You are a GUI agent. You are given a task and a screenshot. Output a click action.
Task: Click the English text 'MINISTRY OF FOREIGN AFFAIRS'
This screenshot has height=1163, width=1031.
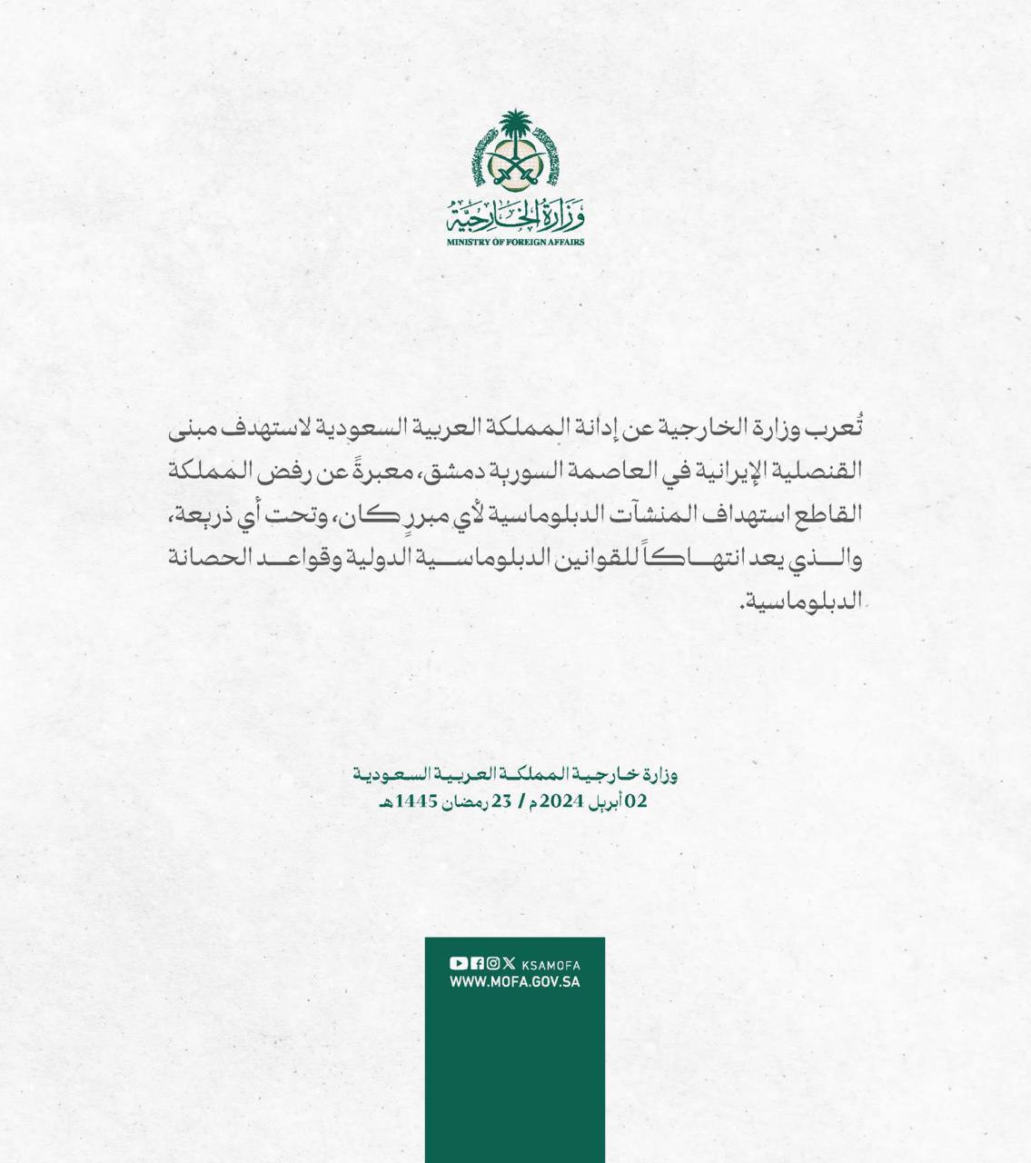click(x=515, y=243)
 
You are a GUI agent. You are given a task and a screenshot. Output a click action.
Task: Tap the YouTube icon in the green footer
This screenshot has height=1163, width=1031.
click(x=459, y=964)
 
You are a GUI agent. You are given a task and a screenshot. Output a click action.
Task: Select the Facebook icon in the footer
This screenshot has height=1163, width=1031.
click(x=478, y=964)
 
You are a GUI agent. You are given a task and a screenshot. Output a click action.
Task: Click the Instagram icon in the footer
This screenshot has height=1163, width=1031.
click(x=493, y=964)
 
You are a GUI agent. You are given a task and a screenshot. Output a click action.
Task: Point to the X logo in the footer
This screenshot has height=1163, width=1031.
click(x=509, y=964)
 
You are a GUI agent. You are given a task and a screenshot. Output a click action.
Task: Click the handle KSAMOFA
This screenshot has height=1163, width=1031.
click(x=551, y=965)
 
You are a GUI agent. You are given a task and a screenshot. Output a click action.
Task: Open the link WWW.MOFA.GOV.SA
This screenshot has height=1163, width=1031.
click(x=515, y=982)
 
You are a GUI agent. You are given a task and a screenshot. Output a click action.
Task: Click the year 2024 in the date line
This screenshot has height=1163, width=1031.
click(x=560, y=802)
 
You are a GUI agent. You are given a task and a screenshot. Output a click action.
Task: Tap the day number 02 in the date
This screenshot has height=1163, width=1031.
click(x=636, y=802)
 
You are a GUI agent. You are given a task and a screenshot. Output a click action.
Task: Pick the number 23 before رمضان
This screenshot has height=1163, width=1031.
click(x=502, y=802)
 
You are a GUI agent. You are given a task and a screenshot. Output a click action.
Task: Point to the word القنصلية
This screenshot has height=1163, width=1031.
click(x=818, y=472)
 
